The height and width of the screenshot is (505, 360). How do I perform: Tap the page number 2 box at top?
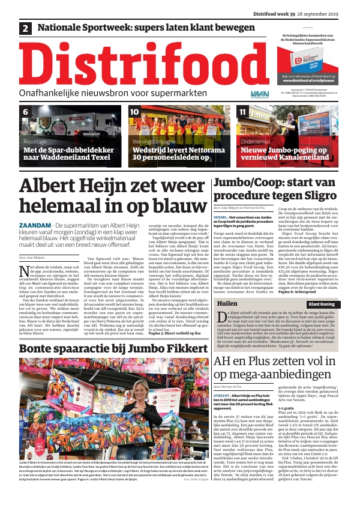(25, 28)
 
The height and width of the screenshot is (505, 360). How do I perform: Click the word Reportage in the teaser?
(35, 142)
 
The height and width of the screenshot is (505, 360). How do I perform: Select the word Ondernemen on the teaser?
(254, 142)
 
